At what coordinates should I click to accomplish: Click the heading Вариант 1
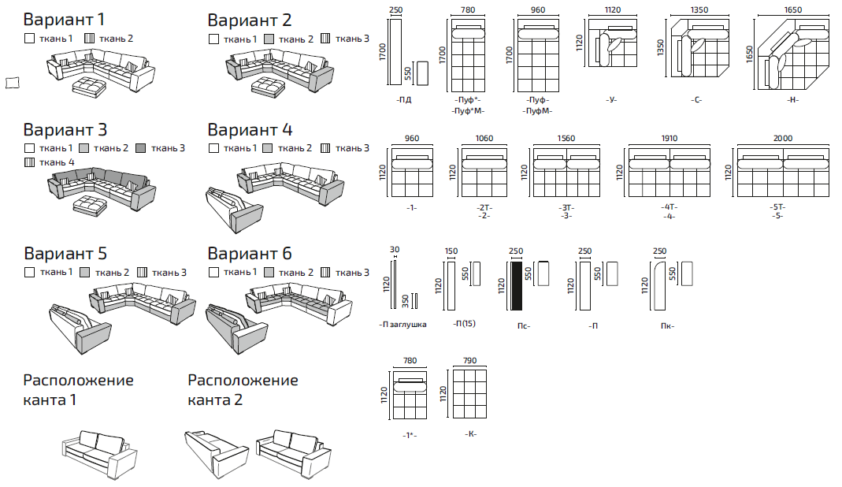(64, 20)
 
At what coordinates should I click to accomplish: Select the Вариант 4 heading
(250, 130)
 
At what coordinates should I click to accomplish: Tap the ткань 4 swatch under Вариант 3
(30, 162)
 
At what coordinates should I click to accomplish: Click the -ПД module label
(404, 99)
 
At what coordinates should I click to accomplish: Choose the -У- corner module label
(611, 99)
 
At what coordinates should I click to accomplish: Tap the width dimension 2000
(782, 138)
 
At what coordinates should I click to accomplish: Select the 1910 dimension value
(669, 138)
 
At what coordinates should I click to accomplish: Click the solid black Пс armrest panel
(517, 285)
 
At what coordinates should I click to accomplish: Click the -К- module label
(471, 433)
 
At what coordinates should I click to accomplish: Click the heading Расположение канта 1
(79, 389)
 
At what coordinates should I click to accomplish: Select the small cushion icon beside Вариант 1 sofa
(13, 82)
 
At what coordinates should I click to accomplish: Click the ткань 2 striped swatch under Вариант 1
(90, 38)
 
